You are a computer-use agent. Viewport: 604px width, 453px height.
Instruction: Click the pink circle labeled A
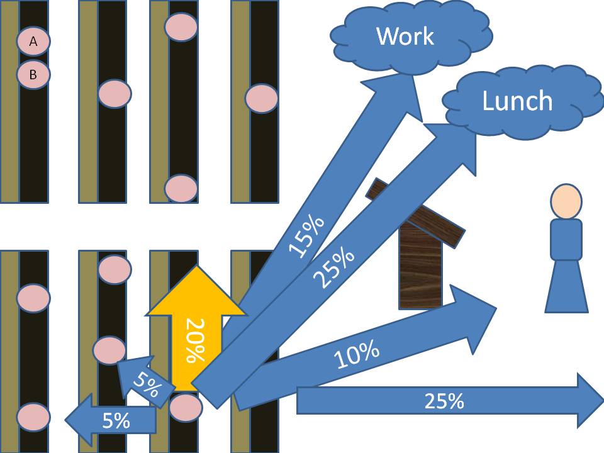pyautogui.click(x=33, y=42)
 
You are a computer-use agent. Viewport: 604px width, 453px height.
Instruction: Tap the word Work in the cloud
pyautogui.click(x=405, y=36)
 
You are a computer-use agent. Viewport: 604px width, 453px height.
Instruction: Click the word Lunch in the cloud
pyautogui.click(x=517, y=101)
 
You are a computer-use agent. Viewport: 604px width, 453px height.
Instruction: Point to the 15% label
pyautogui.click(x=306, y=236)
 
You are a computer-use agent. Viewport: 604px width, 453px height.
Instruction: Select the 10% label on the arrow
pyautogui.click(x=357, y=355)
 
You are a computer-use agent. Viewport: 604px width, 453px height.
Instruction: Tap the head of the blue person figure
pyautogui.click(x=566, y=201)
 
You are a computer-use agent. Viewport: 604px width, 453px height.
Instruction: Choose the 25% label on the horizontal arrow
pyautogui.click(x=444, y=401)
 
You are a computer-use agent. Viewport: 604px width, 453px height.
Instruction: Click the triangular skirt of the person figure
pyautogui.click(x=566, y=289)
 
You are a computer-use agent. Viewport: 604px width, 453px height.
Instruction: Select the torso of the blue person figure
pyautogui.click(x=566, y=240)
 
